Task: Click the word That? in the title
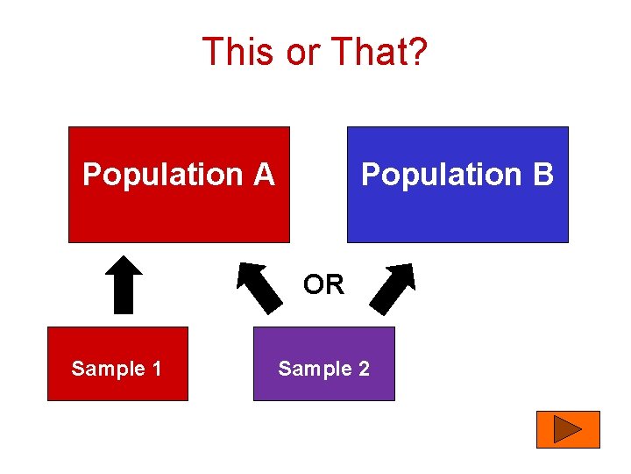[380, 52]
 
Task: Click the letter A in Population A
[265, 175]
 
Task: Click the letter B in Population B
[543, 175]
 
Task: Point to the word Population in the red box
[166, 175]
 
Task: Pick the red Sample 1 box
[117, 386]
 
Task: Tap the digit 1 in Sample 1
[156, 369]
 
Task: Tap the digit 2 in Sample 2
[363, 369]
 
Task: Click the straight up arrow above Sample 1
[124, 284]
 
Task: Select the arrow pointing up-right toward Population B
[392, 287]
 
